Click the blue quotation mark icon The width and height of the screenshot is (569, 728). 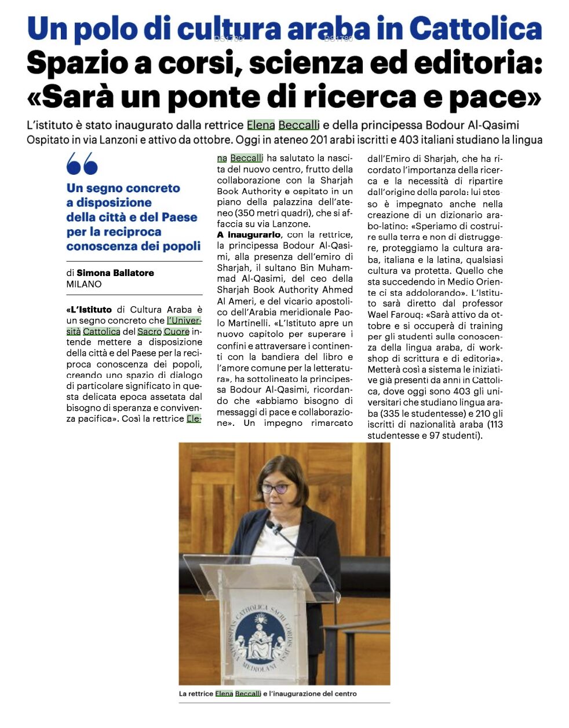(82, 164)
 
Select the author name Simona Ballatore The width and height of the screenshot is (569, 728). (115, 273)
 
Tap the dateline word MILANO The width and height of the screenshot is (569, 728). (84, 284)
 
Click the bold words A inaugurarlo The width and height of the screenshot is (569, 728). (249, 235)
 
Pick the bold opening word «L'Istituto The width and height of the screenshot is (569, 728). (90, 310)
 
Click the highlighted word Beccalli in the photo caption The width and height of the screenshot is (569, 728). (248, 693)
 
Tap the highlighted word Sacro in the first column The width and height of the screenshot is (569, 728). (149, 332)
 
